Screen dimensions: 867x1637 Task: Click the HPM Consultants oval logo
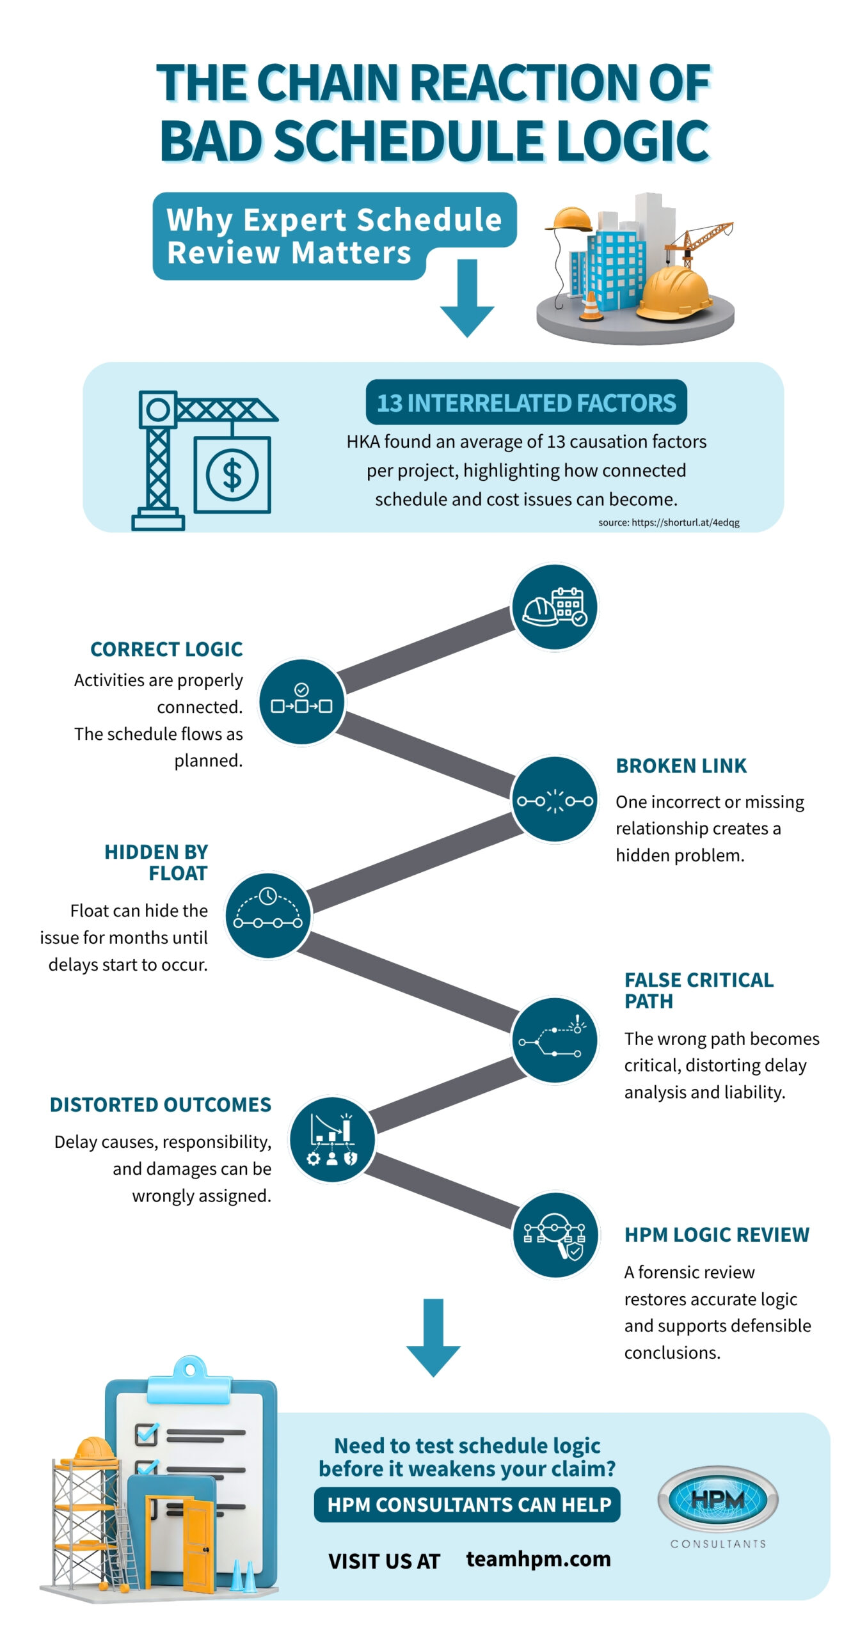click(x=717, y=1498)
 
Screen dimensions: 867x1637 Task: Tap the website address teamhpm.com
click(x=538, y=1559)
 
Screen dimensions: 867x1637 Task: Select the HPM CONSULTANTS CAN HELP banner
click(x=467, y=1505)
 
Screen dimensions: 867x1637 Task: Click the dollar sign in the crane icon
click(x=232, y=475)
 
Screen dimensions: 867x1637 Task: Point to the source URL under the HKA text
click(x=669, y=522)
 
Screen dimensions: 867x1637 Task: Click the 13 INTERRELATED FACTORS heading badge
click(x=526, y=402)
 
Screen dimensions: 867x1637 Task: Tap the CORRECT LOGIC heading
click(x=166, y=649)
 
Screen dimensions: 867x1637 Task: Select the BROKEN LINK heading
click(x=681, y=765)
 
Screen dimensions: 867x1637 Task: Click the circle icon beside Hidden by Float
click(x=268, y=915)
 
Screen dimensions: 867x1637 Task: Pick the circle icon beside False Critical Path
click(x=555, y=1040)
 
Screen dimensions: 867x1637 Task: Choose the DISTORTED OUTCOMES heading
click(x=161, y=1104)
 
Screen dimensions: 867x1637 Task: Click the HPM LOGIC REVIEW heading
click(x=717, y=1234)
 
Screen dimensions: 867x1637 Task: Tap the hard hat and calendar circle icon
click(x=555, y=607)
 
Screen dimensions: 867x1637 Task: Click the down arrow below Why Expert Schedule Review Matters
click(x=467, y=298)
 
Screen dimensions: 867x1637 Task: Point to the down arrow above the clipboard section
click(x=433, y=1338)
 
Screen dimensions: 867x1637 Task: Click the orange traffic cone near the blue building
click(x=591, y=306)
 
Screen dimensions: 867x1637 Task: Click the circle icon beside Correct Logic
click(x=301, y=702)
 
